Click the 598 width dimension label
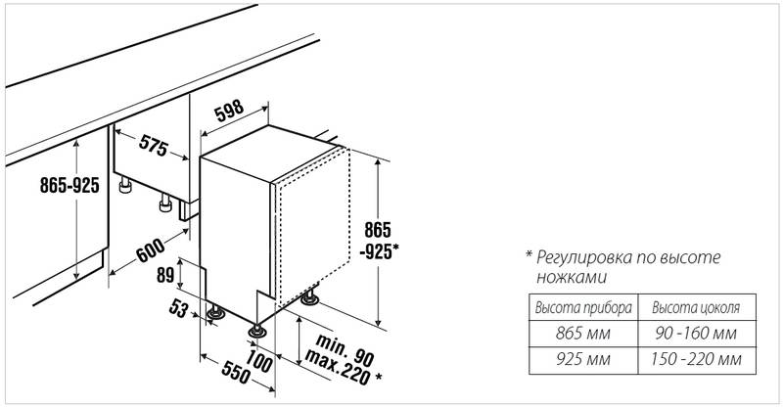click(229, 111)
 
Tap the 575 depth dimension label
click(154, 146)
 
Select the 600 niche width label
click(151, 250)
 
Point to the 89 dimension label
click(165, 276)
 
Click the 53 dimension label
click(178, 307)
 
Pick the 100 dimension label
click(258, 360)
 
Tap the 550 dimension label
click(235, 373)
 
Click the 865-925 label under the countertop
click(69, 186)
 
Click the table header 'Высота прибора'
click(583, 307)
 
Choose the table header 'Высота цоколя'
click(696, 307)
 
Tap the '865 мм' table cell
click(583, 333)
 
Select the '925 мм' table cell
click(583, 359)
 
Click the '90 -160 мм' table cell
click(696, 333)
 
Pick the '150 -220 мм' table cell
click(696, 359)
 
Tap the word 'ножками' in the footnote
click(572, 277)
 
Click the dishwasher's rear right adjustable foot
click(309, 298)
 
